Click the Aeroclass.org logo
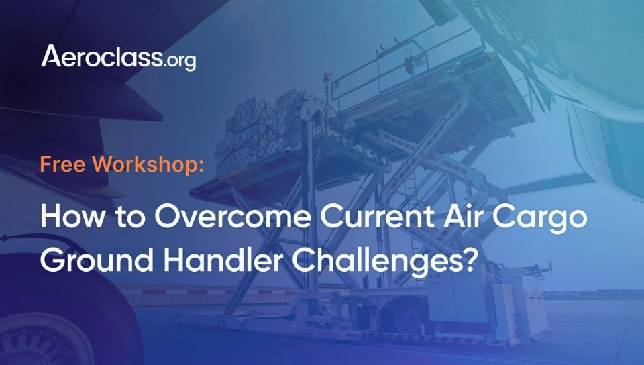tap(118, 58)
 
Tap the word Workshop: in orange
tap(148, 164)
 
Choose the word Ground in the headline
tap(97, 260)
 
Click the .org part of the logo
tap(180, 62)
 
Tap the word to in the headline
tap(129, 217)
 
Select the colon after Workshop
tap(201, 166)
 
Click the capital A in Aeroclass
tap(52, 56)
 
